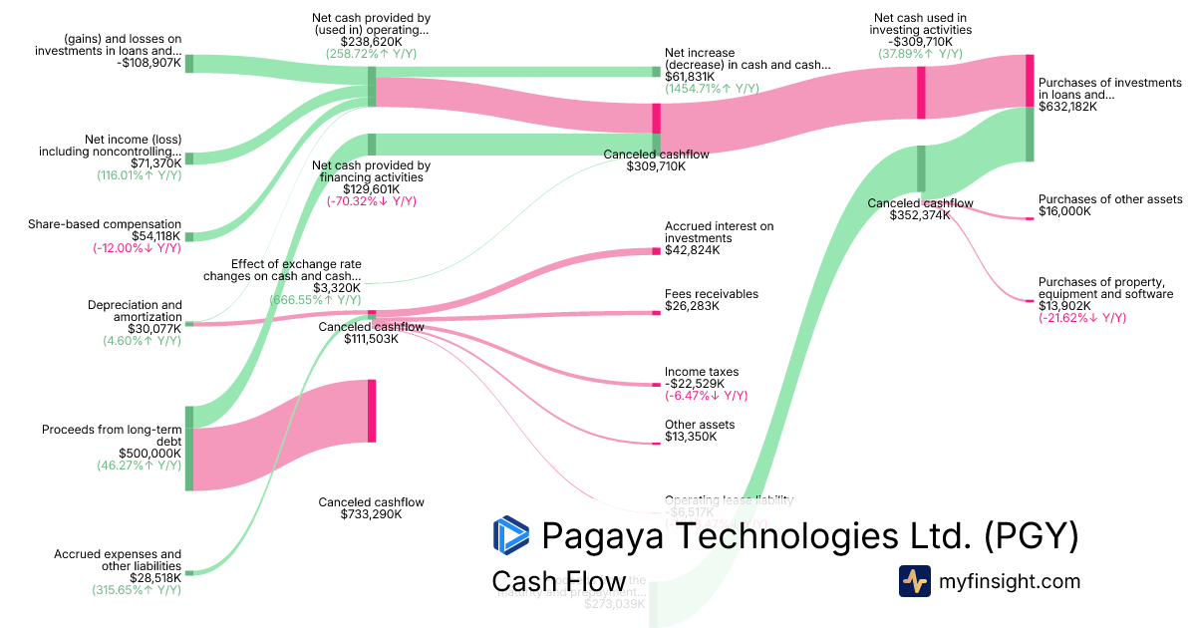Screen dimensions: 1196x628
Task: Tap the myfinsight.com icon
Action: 914,581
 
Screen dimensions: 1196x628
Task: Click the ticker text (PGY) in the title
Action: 1032,536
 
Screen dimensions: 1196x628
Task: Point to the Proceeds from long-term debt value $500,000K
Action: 149,453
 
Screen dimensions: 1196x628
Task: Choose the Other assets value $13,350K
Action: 691,437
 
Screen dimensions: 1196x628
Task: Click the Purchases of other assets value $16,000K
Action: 1064,211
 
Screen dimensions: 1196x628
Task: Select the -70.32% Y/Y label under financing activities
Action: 372,200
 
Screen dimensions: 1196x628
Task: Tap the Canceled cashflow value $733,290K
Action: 360,514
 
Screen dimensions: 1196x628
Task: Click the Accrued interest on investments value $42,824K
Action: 691,249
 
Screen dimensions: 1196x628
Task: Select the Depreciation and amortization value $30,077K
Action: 154,328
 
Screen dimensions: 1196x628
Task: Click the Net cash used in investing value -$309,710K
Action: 918,42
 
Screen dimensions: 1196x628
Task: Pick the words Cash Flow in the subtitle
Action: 558,581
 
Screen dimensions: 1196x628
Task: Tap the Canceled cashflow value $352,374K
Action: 919,215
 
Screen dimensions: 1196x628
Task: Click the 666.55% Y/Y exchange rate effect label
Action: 315,299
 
